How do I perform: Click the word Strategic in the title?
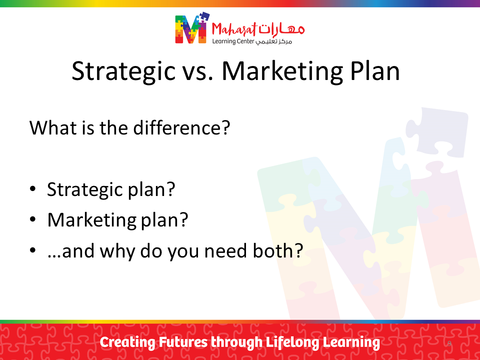pos(123,71)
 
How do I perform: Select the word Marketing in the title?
pos(282,71)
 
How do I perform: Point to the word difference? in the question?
pos(181,127)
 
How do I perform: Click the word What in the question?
pos(52,127)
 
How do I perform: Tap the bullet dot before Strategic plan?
pos(33,188)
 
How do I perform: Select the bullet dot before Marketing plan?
pos(33,219)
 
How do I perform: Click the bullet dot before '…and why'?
pos(33,250)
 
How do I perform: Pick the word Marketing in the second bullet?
pos(92,220)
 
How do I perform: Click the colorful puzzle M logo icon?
pos(192,28)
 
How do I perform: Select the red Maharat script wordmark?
pos(234,29)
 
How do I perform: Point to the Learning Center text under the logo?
pos(233,41)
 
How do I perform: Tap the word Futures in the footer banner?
pos(183,342)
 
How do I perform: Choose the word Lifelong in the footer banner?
pos(292,342)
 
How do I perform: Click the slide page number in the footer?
pos(449,343)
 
